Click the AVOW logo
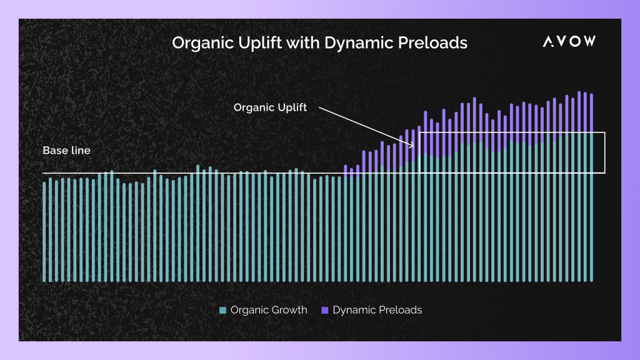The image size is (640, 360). pyautogui.click(x=569, y=41)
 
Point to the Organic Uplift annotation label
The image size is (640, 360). pyautogui.click(x=270, y=107)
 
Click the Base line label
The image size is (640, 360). pyautogui.click(x=66, y=151)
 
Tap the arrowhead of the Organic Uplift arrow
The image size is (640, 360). pyautogui.click(x=412, y=146)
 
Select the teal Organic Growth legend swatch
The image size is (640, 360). pyautogui.click(x=222, y=310)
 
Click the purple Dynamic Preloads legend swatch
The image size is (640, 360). pyautogui.click(x=325, y=310)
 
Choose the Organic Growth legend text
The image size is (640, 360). pyautogui.click(x=269, y=310)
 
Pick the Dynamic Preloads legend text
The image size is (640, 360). pyautogui.click(x=377, y=310)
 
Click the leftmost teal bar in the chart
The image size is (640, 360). pyautogui.click(x=44, y=231)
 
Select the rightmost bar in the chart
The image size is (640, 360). pyautogui.click(x=591, y=187)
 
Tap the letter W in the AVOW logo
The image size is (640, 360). pyautogui.click(x=588, y=41)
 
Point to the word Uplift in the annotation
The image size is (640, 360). pyautogui.click(x=292, y=107)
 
